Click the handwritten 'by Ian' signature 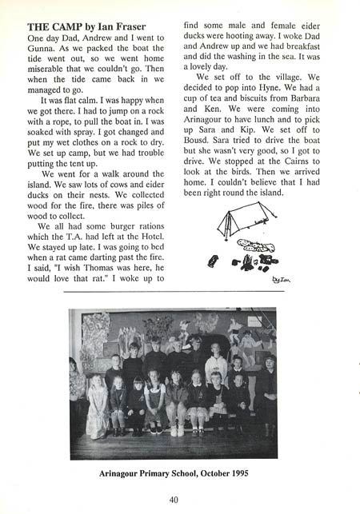click(279, 280)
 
